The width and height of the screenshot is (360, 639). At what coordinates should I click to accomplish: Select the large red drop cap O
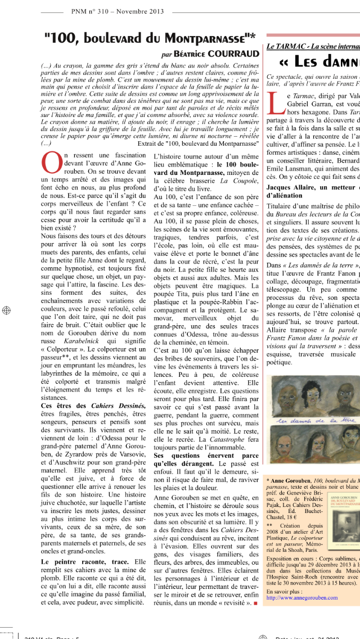tap(51, 164)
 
